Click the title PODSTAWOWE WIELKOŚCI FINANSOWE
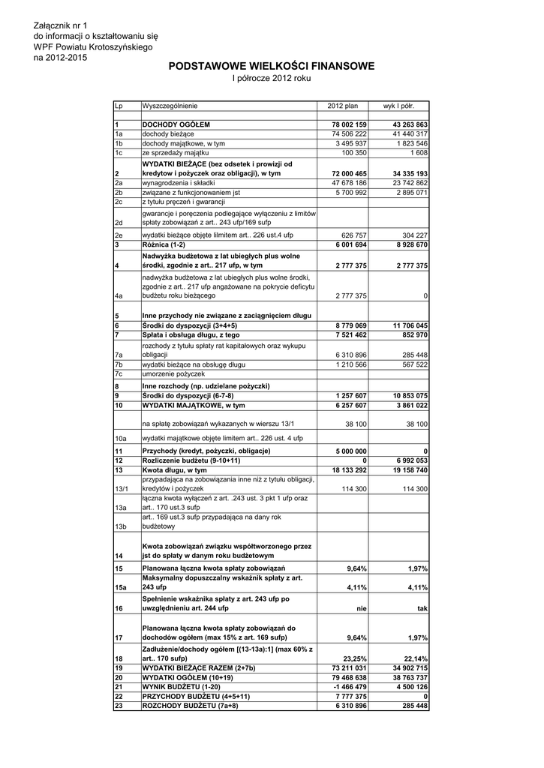[x=271, y=67]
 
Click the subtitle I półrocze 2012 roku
[x=271, y=78]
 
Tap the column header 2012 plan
[x=343, y=106]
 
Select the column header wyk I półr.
[x=404, y=106]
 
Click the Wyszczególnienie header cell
[x=170, y=106]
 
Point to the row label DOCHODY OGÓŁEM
[x=176, y=124]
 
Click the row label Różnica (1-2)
[x=164, y=245]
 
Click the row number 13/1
[x=120, y=489]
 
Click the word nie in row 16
[x=361, y=609]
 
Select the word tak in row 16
[x=422, y=609]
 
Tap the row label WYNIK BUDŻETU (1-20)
[x=181, y=687]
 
